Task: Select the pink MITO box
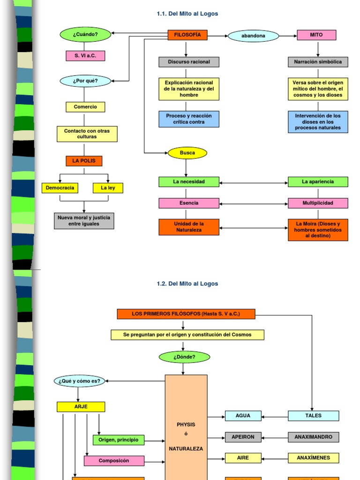click(316, 35)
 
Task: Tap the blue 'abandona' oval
click(253, 36)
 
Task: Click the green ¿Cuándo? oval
click(85, 35)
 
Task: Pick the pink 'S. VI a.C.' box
click(85, 56)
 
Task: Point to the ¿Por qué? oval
click(85, 81)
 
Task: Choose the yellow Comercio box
click(85, 107)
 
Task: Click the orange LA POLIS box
click(84, 161)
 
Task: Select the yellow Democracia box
click(60, 188)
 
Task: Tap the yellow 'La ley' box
click(108, 188)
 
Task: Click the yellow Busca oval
click(187, 153)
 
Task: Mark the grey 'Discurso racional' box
click(189, 62)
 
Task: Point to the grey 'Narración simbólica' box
click(318, 62)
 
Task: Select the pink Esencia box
click(189, 203)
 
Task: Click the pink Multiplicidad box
click(318, 203)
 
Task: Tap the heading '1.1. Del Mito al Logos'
click(187, 14)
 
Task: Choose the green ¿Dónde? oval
click(184, 357)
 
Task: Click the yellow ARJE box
click(81, 406)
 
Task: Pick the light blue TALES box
click(313, 416)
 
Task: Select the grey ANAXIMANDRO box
click(313, 437)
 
